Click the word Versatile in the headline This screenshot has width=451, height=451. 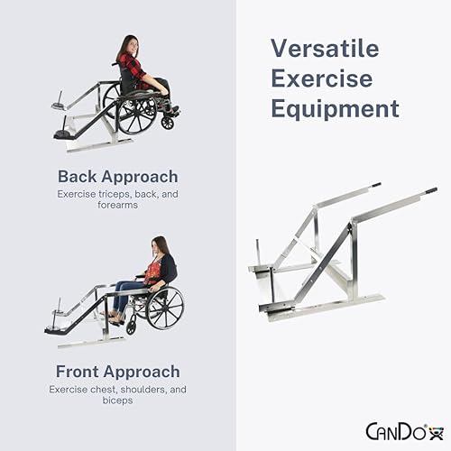[326, 49]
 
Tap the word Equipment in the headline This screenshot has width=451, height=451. [335, 109]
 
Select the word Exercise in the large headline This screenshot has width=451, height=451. [321, 78]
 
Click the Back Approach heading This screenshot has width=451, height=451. [117, 176]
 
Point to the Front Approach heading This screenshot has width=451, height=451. [117, 371]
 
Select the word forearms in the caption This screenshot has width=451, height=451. [117, 205]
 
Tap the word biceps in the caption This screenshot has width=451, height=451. [117, 400]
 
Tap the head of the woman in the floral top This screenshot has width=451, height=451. [160, 246]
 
